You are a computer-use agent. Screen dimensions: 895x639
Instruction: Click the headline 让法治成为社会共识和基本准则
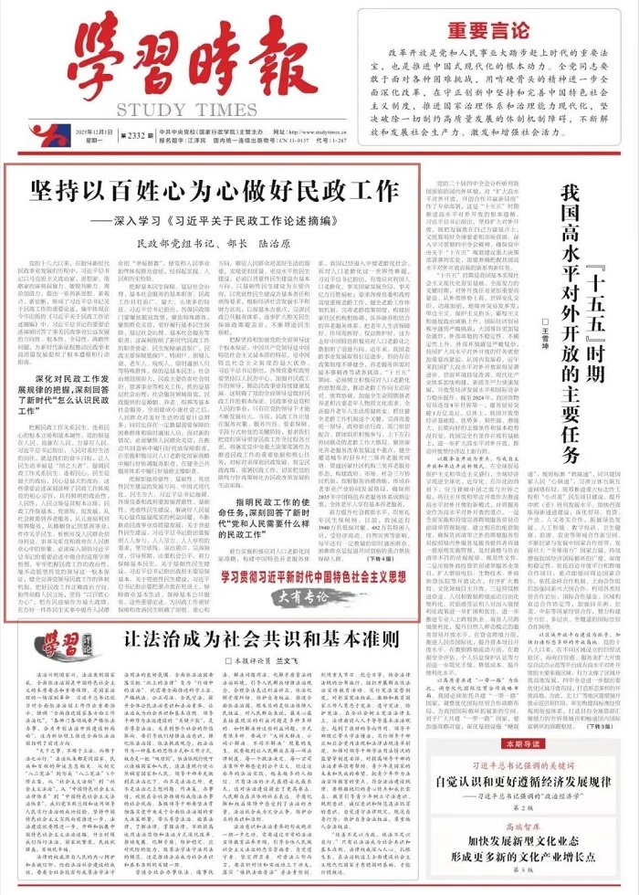[244, 589]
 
